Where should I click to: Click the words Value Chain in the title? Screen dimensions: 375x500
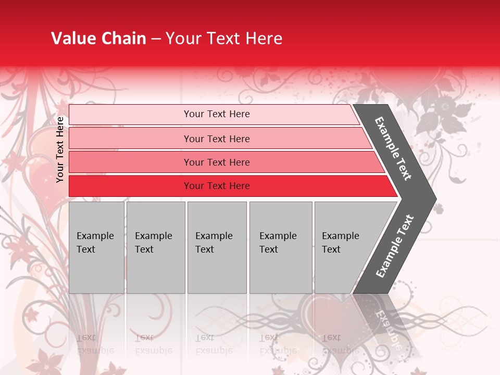98,39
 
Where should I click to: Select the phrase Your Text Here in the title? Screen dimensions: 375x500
224,39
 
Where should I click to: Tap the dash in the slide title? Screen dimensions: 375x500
156,39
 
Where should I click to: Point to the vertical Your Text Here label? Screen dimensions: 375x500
60,149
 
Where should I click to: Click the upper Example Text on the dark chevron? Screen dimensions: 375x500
394,148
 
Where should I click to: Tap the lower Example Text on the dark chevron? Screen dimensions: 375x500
395,246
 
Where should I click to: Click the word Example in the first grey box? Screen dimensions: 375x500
95,236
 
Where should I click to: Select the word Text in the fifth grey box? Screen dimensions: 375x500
331,249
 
